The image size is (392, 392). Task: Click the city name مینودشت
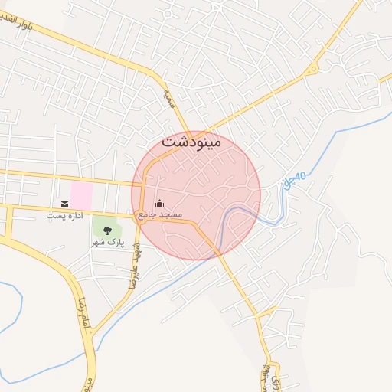tap(191, 142)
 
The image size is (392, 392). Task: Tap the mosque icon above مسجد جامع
tap(159, 203)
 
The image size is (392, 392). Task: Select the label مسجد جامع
tap(159, 215)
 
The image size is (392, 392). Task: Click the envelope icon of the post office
tap(64, 204)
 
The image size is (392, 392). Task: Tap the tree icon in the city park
tap(106, 228)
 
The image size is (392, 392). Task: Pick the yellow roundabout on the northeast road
tap(312, 70)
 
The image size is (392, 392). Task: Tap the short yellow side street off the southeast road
tap(267, 312)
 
